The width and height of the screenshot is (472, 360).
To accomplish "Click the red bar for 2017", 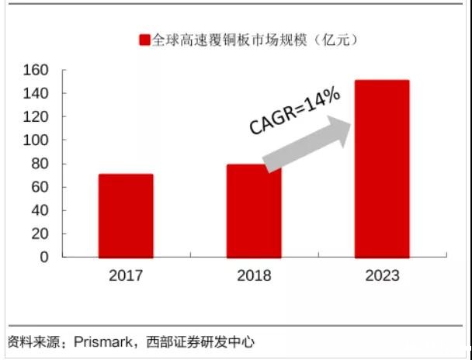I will pyautogui.click(x=126, y=215).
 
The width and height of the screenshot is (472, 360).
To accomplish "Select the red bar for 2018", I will pyautogui.click(x=255, y=210).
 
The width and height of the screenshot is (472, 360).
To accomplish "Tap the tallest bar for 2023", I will pyautogui.click(x=382, y=168).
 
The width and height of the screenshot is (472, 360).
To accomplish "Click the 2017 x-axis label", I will pyautogui.click(x=126, y=275).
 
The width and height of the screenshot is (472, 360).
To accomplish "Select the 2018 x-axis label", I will pyautogui.click(x=255, y=275).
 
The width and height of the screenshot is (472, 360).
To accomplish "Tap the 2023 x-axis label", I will pyautogui.click(x=382, y=275).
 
